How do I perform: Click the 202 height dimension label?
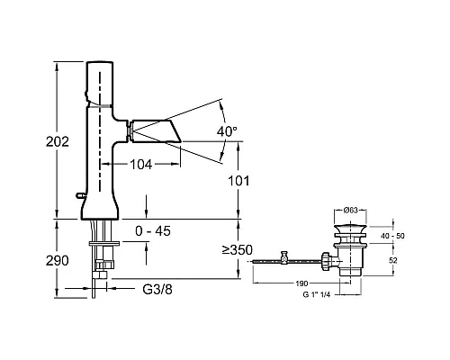58,141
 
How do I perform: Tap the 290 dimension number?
58,261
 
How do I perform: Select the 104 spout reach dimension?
141,165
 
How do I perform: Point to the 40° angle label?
227,131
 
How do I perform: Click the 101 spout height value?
238,181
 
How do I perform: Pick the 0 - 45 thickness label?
153,231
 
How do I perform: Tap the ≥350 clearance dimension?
238,249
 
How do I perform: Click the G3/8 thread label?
157,290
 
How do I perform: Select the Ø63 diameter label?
351,211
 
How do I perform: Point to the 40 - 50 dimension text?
392,236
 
